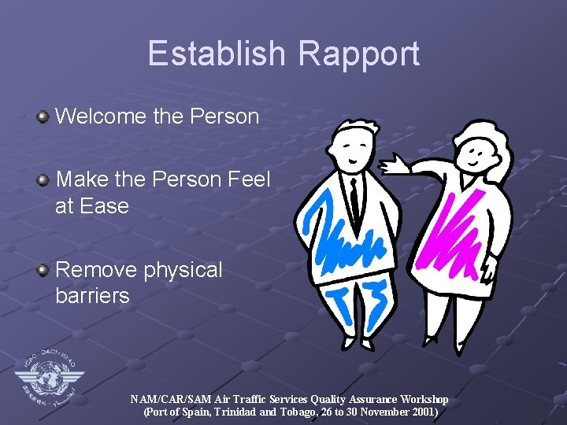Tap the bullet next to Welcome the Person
click(x=44, y=117)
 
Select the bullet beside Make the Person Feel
click(x=44, y=180)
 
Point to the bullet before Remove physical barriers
click(x=44, y=270)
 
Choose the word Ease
click(x=102, y=206)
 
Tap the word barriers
click(x=92, y=296)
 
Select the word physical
click(x=187, y=270)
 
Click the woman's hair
click(x=480, y=138)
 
